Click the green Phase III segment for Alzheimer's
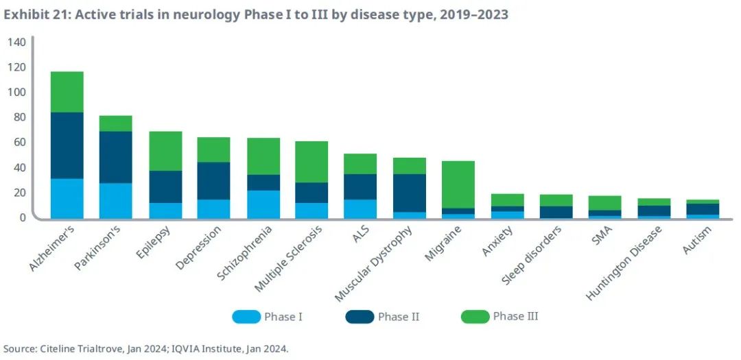[x=67, y=92]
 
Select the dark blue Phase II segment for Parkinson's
[x=116, y=157]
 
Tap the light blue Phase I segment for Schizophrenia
[x=264, y=204]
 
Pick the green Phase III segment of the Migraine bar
[x=458, y=184]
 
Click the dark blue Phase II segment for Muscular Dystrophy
[x=410, y=193]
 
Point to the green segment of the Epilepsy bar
[x=165, y=151]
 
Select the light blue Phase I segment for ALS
[x=360, y=208]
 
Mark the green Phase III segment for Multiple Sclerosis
[x=311, y=162]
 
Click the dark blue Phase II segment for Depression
[x=214, y=180]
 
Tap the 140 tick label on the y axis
[x=16, y=43]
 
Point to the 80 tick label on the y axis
[x=19, y=118]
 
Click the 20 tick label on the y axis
[x=19, y=193]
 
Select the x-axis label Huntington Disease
[x=624, y=263]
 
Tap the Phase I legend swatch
[x=246, y=317]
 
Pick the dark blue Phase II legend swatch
[x=360, y=317]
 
